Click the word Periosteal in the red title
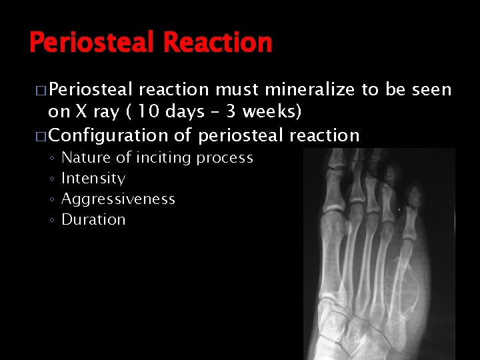click(93, 43)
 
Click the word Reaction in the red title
click(217, 43)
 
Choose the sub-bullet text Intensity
click(93, 179)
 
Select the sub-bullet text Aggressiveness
click(118, 199)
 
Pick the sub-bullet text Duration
click(93, 220)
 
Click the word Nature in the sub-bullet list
click(84, 158)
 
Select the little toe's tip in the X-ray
click(413, 193)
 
